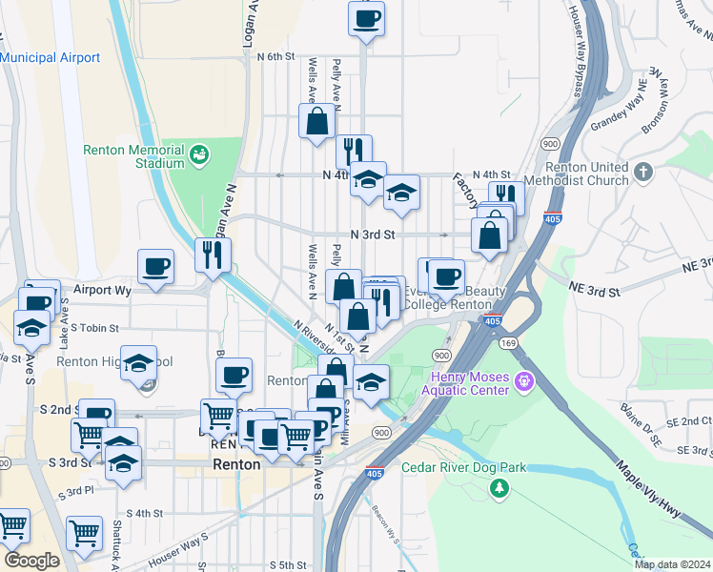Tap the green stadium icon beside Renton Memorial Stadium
[x=199, y=154]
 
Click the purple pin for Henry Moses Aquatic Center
[x=522, y=382]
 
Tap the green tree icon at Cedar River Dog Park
[x=498, y=488]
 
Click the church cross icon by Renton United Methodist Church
[x=643, y=172]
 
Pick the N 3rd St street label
[x=372, y=234]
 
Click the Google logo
[x=31, y=561]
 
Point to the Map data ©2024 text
[x=672, y=564]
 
